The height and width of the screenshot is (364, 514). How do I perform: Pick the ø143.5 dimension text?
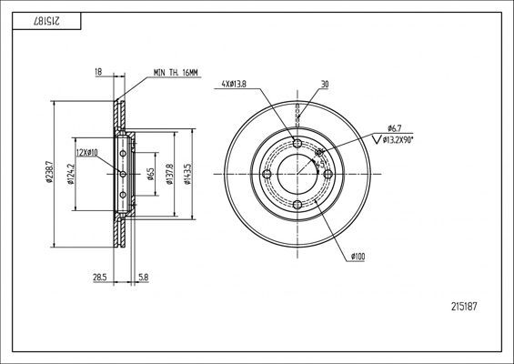click(x=187, y=173)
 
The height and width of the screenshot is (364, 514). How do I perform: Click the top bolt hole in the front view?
click(x=297, y=143)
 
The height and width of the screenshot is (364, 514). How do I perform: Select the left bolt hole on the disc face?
click(x=267, y=174)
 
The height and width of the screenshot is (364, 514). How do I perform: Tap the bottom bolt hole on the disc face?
click(x=297, y=205)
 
